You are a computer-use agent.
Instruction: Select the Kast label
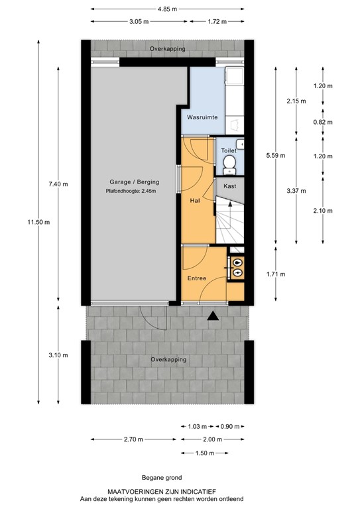coord(230,186)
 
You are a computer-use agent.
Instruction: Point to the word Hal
coord(195,199)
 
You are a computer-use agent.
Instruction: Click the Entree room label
coord(197,278)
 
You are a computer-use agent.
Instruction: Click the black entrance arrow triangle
coord(212,317)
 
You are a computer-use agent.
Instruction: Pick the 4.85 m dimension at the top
coord(166,9)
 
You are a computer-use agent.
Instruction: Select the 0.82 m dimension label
coord(323,122)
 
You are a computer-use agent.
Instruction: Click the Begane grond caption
coord(160,477)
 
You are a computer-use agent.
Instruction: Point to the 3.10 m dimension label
coord(58,355)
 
